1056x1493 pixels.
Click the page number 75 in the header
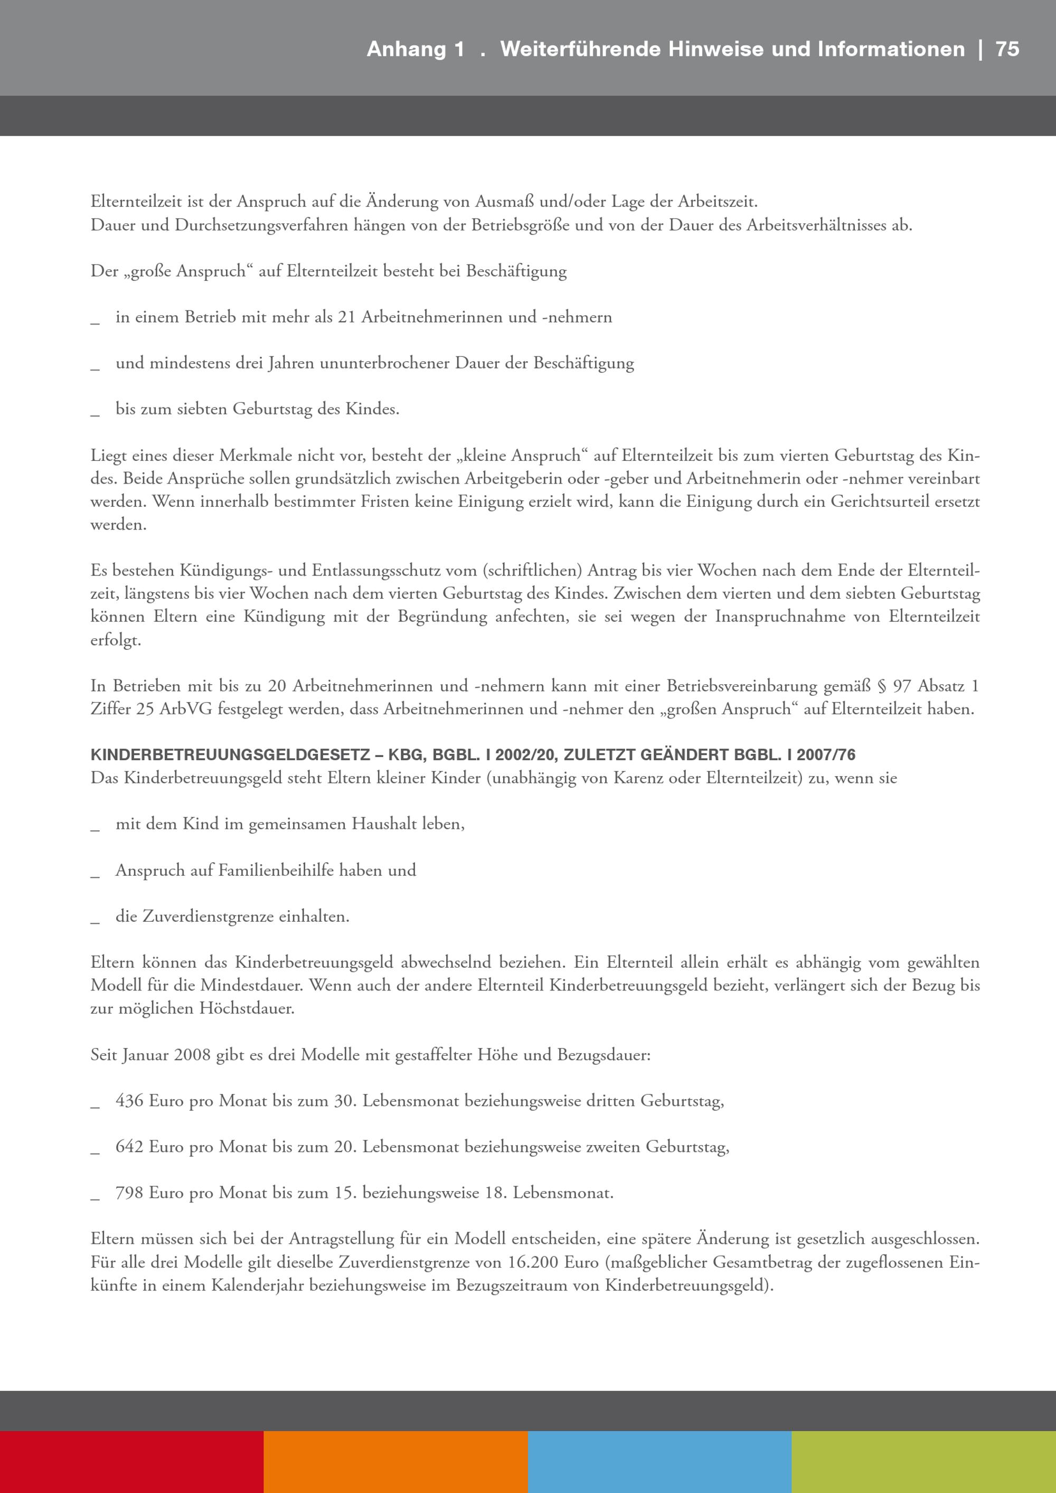(x=1007, y=50)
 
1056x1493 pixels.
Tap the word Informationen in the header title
(x=891, y=50)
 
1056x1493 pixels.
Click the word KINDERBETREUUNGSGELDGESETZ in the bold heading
(x=230, y=755)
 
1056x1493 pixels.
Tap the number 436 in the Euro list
(x=129, y=1101)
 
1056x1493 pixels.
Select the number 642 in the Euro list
(x=129, y=1147)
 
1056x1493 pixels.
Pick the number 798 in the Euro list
(x=129, y=1193)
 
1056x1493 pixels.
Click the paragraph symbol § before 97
(x=882, y=686)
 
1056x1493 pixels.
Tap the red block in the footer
(x=131, y=1462)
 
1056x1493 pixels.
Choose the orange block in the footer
(x=395, y=1462)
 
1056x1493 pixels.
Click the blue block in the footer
(x=659, y=1462)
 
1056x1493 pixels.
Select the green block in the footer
(x=923, y=1462)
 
